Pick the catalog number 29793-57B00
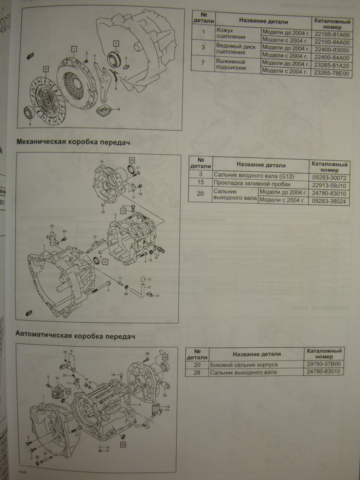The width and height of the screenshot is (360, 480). pos(324,364)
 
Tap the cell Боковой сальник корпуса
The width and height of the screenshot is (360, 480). pos(244,364)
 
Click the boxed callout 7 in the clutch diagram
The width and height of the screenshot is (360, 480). pos(116,42)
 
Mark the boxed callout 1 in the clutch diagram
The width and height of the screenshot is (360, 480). pos(74,48)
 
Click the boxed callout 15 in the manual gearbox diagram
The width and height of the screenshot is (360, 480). pos(123,211)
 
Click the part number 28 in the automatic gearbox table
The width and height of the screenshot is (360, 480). pos(198,372)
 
